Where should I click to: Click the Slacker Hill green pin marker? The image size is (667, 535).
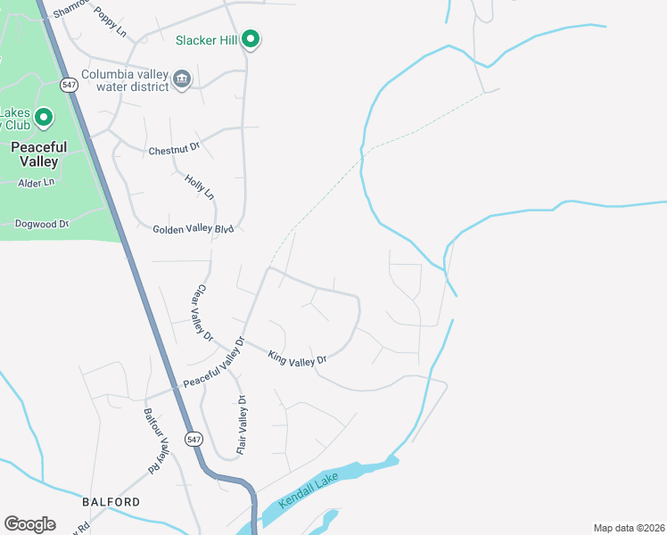click(251, 38)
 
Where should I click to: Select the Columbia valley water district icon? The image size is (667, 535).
click(182, 79)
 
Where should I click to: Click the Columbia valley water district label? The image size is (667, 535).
click(125, 80)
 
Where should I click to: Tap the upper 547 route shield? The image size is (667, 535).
click(69, 85)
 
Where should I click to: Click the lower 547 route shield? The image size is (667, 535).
click(194, 439)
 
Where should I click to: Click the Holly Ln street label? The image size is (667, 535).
click(200, 186)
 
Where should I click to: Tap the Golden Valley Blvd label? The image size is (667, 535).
click(193, 229)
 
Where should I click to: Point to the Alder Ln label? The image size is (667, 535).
click(37, 183)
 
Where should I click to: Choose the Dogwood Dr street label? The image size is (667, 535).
click(42, 224)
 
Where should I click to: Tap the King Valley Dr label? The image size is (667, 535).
click(298, 357)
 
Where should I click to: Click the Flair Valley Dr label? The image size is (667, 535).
click(241, 426)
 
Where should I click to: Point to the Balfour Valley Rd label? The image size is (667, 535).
click(157, 440)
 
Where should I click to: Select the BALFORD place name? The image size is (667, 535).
click(111, 502)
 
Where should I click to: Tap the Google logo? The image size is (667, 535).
click(29, 524)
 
